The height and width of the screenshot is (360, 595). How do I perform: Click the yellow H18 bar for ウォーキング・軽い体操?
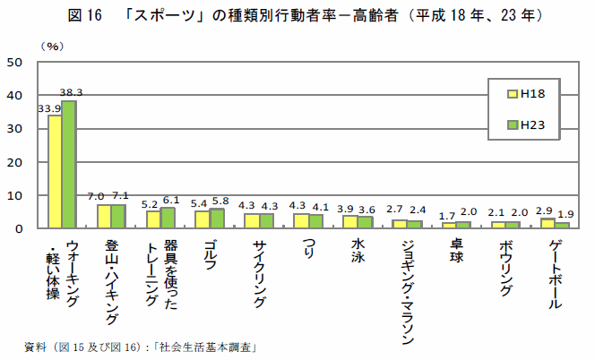pyautogui.click(x=55, y=172)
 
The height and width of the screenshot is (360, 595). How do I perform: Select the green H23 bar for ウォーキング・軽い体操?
pyautogui.click(x=68, y=165)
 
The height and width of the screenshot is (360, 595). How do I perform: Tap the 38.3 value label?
pyautogui.click(x=72, y=92)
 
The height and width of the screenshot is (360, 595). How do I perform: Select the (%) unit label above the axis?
pyautogui.click(x=51, y=44)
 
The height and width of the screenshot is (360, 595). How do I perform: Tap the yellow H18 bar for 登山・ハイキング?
pyautogui.click(x=104, y=217)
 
